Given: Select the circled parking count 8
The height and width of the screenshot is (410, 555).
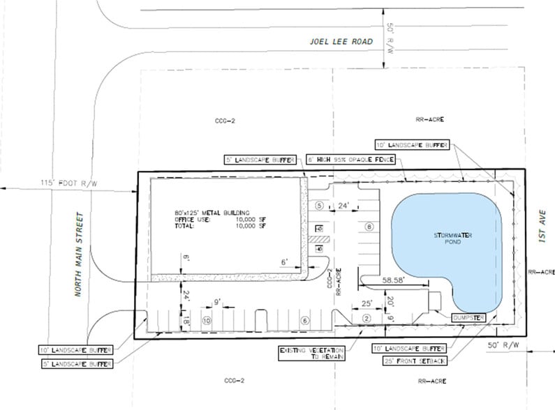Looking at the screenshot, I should (x=369, y=226).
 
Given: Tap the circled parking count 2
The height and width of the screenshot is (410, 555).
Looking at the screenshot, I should (x=366, y=318).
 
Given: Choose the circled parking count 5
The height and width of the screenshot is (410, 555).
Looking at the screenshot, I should (x=319, y=206).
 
